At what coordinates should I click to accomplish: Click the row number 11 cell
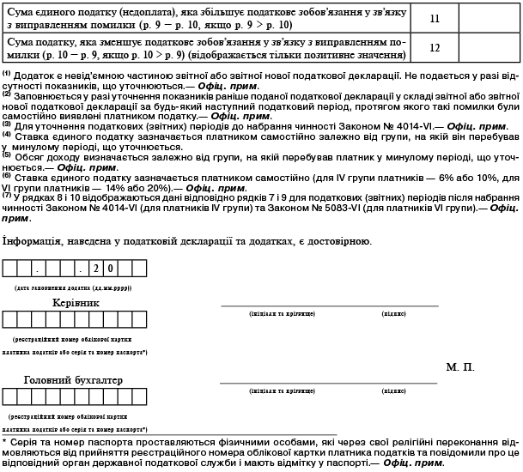pyautogui.click(x=435, y=16)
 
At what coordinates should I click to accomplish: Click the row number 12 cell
pyautogui.click(x=435, y=47)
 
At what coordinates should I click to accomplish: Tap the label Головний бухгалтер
pyautogui.click(x=73, y=379)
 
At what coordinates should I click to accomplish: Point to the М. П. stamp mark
pyautogui.click(x=460, y=366)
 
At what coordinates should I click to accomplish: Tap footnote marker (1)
pyautogui.click(x=6, y=74)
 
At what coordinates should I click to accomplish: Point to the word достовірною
pyautogui.click(x=337, y=241)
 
